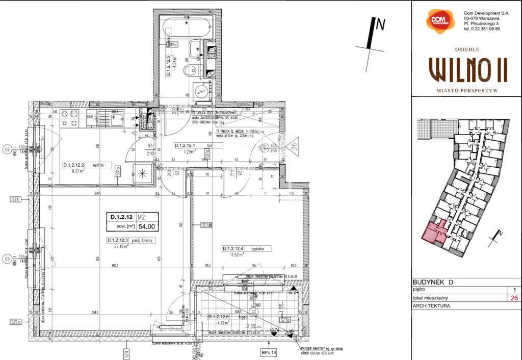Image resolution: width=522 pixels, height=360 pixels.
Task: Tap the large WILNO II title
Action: [x=468, y=69]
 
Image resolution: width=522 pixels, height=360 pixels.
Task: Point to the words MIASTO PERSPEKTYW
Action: [x=467, y=89]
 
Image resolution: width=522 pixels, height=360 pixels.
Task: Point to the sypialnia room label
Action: [x=260, y=249]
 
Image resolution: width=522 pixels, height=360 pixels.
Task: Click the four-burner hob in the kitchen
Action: [x=70, y=118]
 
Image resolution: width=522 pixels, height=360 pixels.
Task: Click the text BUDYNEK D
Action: [x=432, y=282]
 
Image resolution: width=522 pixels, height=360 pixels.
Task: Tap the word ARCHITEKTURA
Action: [x=432, y=306]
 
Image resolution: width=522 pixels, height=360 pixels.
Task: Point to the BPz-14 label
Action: [x=268, y=352]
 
